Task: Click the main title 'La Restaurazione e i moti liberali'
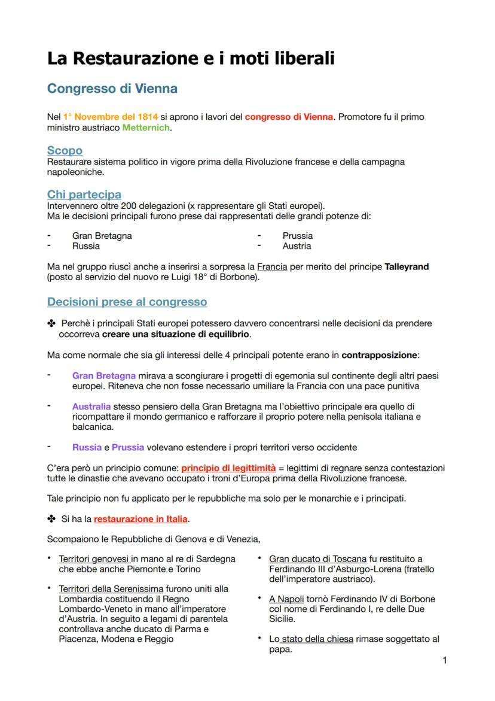[191, 59]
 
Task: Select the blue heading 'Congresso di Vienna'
[112, 89]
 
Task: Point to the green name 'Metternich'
[146, 128]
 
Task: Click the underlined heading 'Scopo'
[65, 150]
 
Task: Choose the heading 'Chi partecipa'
[84, 195]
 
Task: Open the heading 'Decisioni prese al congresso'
[127, 301]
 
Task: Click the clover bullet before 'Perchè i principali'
[51, 324]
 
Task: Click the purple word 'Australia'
[91, 406]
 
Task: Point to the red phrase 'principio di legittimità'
[228, 468]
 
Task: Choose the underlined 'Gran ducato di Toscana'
[317, 559]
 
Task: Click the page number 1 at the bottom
[444, 660]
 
